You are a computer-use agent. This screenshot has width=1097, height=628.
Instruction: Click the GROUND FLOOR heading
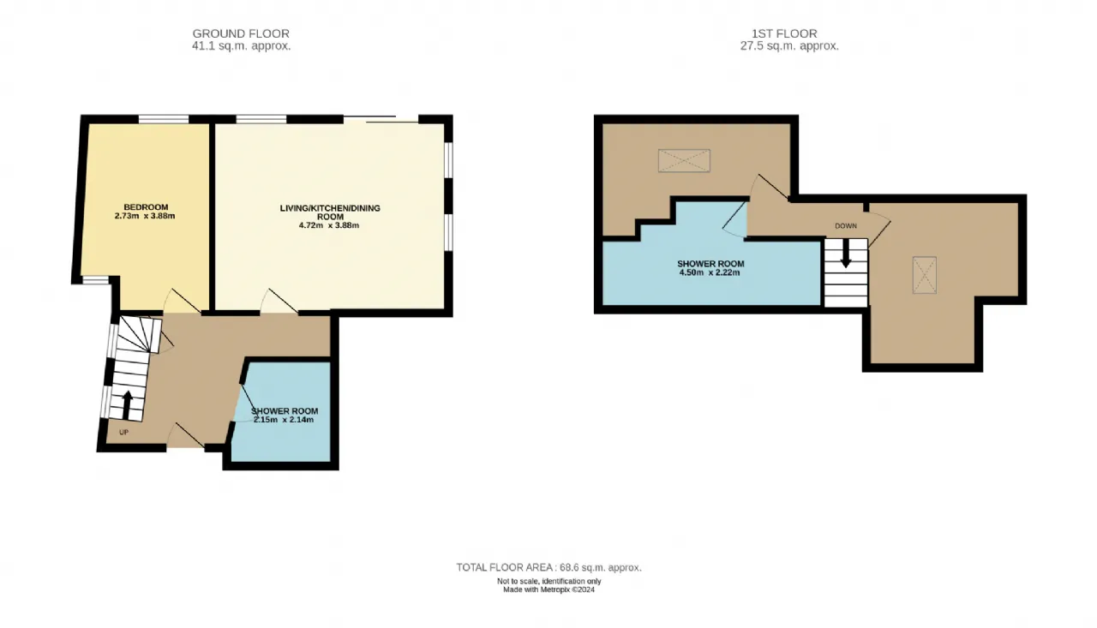coord(241,33)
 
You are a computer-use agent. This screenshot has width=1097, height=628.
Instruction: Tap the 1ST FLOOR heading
coord(784,33)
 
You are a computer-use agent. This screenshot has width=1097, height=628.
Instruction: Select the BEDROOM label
coord(146,207)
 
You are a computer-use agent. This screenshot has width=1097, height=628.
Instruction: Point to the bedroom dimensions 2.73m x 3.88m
coord(145,216)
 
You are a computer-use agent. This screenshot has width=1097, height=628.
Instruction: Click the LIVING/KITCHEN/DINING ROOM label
coord(330,212)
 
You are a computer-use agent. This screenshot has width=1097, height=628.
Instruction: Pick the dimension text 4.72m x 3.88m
coord(329,225)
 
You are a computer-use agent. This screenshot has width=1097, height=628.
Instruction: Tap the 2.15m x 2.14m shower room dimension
coord(284,420)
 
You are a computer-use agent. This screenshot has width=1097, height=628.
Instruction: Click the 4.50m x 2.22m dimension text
coord(710,272)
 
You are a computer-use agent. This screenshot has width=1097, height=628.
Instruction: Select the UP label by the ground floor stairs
coord(124,433)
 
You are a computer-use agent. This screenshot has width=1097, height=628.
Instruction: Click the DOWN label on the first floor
coord(846,226)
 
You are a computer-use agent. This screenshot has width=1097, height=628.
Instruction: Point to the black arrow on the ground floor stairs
coord(126,405)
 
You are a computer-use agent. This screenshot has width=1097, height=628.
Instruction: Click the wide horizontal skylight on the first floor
coord(684,161)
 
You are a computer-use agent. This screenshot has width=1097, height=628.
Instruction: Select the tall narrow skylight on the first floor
coord(925,275)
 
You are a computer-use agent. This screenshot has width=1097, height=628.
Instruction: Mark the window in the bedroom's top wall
coord(164,119)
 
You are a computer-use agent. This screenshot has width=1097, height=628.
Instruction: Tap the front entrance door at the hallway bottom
coord(186,435)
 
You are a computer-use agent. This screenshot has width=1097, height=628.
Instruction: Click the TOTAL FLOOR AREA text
coord(549,567)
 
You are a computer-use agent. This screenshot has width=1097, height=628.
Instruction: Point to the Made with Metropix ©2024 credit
coord(549,589)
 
